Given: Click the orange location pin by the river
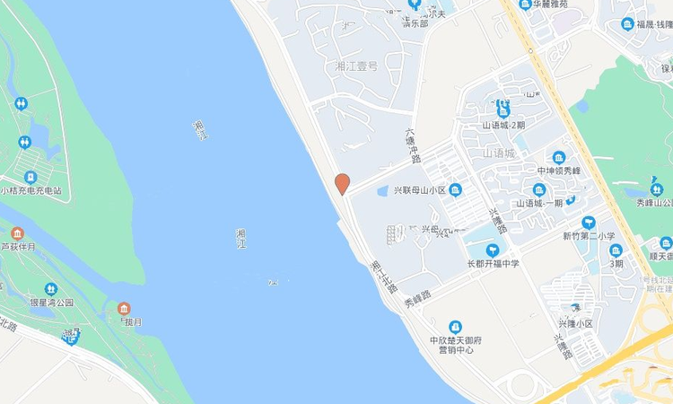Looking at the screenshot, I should click(342, 183).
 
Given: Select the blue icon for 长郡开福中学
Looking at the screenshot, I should click(493, 250).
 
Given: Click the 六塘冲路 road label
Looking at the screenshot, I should click(414, 144).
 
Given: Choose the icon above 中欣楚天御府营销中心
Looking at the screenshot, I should click(456, 326).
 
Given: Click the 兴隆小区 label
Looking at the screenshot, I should click(575, 323).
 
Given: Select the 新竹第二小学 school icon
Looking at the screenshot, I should click(589, 222).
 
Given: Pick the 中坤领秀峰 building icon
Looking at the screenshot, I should click(559, 157).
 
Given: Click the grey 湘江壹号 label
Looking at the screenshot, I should click(356, 66).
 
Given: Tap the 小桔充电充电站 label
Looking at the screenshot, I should click(37, 191).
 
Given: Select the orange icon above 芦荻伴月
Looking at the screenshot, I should click(17, 233).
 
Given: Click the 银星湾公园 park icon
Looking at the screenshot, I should click(51, 289).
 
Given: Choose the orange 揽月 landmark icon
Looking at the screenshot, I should click(124, 308).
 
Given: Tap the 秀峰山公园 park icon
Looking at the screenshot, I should click(658, 189).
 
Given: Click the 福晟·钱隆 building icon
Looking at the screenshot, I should click(627, 24).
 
